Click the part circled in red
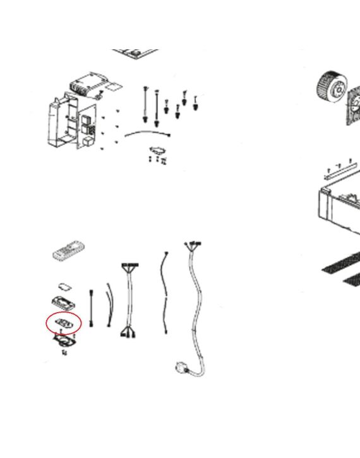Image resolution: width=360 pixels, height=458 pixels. (x=64, y=323)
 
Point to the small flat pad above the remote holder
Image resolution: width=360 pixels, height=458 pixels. (x=64, y=286)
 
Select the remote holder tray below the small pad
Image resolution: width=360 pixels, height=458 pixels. (x=64, y=301)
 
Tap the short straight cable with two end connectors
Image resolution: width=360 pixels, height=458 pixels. (x=93, y=308)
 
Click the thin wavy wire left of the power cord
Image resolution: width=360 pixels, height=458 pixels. (x=165, y=294)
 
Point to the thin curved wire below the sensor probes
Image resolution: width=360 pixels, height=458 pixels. (x=148, y=133)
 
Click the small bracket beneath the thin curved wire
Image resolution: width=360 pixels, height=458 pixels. (x=158, y=151)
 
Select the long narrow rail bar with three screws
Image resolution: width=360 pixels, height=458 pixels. (x=340, y=170)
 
